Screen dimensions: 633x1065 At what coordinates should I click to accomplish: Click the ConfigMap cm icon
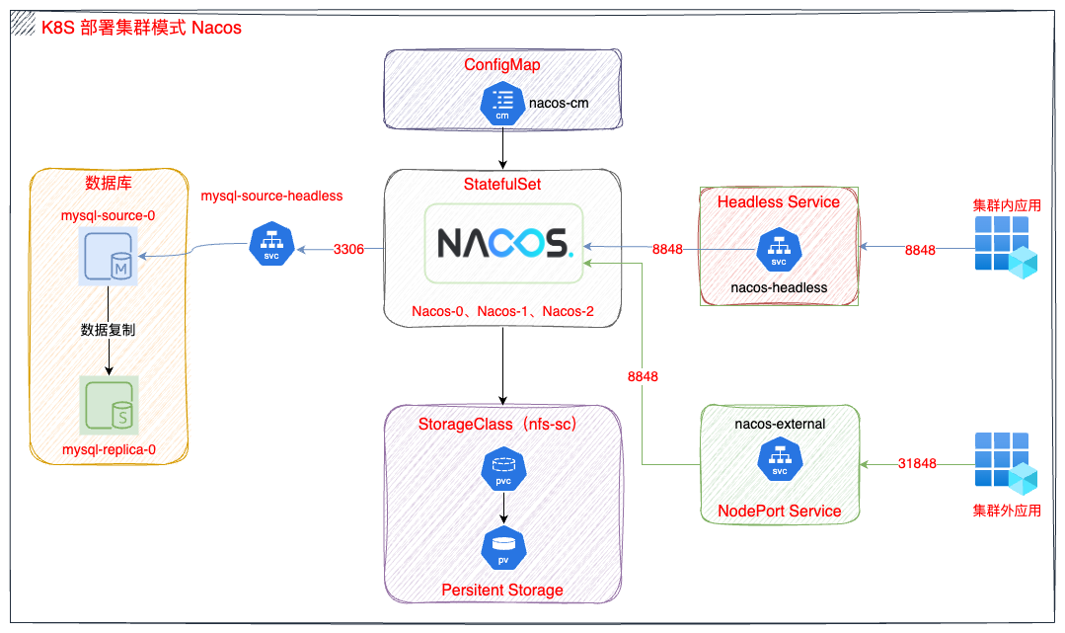pyautogui.click(x=502, y=103)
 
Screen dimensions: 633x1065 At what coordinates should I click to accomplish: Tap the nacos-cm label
pyautogui.click(x=559, y=102)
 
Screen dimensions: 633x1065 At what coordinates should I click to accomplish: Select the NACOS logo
pyautogui.click(x=503, y=243)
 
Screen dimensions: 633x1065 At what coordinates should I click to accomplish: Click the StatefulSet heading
pyautogui.click(x=502, y=185)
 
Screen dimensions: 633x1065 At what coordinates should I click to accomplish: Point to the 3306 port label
pyautogui.click(x=349, y=249)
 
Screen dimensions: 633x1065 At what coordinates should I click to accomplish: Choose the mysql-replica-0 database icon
pyautogui.click(x=110, y=406)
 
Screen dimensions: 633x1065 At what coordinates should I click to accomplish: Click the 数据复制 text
pyautogui.click(x=109, y=330)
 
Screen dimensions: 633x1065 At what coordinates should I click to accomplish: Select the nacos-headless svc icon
pyautogui.click(x=779, y=250)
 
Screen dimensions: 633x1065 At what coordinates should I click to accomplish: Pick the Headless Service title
pyautogui.click(x=779, y=201)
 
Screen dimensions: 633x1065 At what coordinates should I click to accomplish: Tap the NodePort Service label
pyautogui.click(x=780, y=511)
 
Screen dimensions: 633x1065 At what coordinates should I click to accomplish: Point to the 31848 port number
pyautogui.click(x=917, y=463)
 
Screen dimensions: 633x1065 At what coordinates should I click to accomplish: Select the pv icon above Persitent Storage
pyautogui.click(x=503, y=546)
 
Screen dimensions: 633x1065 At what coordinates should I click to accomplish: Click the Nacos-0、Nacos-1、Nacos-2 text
pyautogui.click(x=503, y=312)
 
